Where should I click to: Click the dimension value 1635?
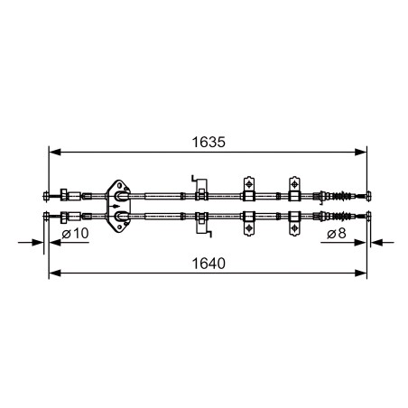tap(209, 142)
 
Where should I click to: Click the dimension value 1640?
tap(209, 264)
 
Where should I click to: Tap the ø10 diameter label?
tap(75, 233)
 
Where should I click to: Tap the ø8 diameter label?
tap(337, 233)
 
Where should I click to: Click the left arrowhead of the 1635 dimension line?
tap(55, 153)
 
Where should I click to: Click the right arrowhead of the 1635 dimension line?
tap(361, 153)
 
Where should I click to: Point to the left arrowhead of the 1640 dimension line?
tap(55, 274)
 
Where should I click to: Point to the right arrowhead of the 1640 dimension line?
tap(361, 274)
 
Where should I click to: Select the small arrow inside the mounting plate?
tap(115, 206)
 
